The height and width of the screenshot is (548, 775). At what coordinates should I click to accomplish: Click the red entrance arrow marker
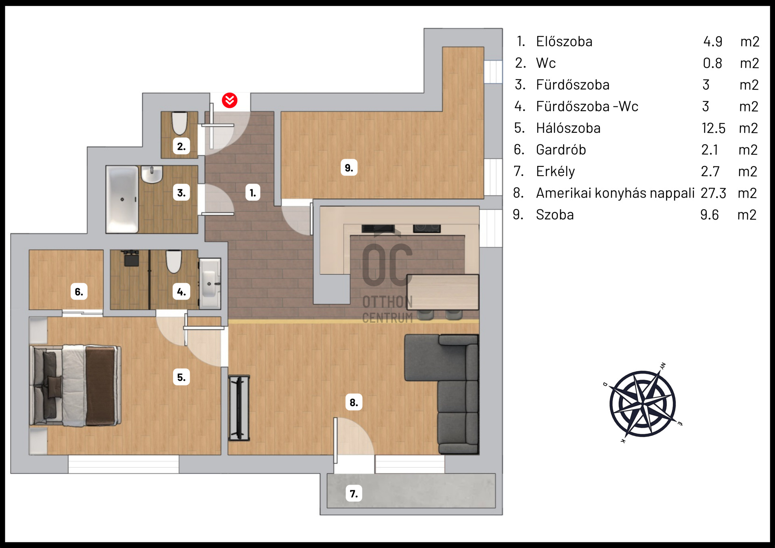(230, 100)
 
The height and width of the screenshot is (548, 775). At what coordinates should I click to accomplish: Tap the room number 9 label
(349, 168)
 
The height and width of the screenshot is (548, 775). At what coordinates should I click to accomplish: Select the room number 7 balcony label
(354, 493)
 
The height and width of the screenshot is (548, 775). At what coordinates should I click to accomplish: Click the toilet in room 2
(180, 123)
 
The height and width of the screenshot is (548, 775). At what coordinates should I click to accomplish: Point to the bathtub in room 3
(122, 199)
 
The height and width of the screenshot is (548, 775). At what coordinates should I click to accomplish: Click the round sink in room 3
(152, 174)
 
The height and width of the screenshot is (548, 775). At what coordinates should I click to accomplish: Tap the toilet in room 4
(174, 262)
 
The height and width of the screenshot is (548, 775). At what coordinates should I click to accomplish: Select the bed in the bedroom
(75, 386)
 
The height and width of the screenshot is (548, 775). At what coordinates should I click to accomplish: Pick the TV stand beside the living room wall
(239, 408)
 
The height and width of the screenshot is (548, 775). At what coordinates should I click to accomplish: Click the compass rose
(643, 403)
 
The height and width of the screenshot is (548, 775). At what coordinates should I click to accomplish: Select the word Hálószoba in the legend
(568, 128)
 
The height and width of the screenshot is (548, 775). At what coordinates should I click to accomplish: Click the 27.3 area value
(713, 193)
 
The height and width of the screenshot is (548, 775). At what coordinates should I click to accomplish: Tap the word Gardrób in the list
(561, 150)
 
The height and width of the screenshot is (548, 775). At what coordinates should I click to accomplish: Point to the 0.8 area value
(712, 63)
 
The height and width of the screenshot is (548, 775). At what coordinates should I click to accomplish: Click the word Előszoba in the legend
(564, 42)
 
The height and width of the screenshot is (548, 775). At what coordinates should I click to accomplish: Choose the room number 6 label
(79, 292)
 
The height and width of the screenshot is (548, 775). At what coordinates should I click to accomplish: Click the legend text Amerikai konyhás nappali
(615, 193)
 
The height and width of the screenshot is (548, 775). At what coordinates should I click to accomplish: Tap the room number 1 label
(253, 193)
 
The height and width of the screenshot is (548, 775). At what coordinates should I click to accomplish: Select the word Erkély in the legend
(555, 172)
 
